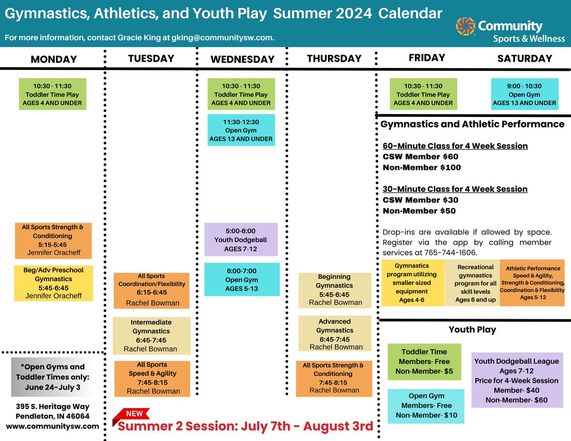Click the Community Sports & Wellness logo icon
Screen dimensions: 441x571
pyautogui.click(x=465, y=27)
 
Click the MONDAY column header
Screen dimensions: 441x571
pyautogui.click(x=54, y=59)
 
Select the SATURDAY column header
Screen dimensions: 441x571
pyautogui.click(x=524, y=59)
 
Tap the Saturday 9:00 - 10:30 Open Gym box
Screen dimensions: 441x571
pyautogui.click(x=524, y=94)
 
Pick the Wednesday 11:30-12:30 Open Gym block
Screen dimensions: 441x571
pyautogui.click(x=241, y=130)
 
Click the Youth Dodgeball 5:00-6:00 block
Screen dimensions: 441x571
pyautogui.click(x=241, y=240)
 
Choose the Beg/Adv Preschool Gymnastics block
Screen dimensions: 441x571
pyautogui.click(x=53, y=283)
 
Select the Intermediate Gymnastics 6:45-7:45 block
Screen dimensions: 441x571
pyautogui.click(x=151, y=335)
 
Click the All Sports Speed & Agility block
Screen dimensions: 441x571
pyautogui.click(x=152, y=378)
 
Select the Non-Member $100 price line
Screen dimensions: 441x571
pyautogui.click(x=422, y=167)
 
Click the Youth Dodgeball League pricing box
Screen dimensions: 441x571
pyautogui.click(x=516, y=380)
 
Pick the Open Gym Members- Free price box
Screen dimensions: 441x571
pyautogui.click(x=425, y=405)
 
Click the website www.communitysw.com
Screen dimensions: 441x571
pyautogui.click(x=52, y=426)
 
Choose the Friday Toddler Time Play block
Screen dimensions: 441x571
pyautogui.click(x=423, y=94)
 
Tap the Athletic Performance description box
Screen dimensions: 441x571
pyautogui.click(x=532, y=283)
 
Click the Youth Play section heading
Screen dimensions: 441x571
pyautogui.click(x=472, y=329)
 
